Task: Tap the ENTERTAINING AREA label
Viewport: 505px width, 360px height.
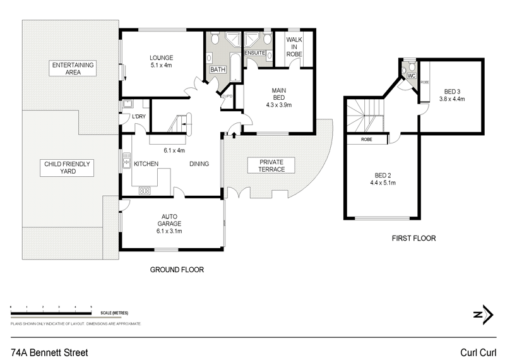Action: [73, 68]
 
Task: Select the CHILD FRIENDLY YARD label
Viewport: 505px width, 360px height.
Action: [68, 167]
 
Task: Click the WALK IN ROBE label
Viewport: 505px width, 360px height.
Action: [294, 47]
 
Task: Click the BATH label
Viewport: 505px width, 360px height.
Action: [218, 69]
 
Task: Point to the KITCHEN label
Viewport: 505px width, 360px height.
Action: [146, 164]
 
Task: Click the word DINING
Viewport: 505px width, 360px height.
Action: [199, 164]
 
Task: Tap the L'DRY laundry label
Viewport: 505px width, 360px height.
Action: [139, 116]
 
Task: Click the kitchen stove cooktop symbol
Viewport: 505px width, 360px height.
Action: [144, 189]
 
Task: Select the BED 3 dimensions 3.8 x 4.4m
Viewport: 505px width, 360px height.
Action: [451, 99]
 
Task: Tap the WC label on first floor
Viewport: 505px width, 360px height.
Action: [410, 76]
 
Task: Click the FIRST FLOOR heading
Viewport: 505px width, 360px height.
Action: [414, 239]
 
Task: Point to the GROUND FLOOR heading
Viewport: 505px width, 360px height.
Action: [176, 270]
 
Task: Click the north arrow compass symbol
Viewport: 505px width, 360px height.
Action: [482, 314]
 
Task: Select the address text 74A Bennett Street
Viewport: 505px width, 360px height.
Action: [49, 351]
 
